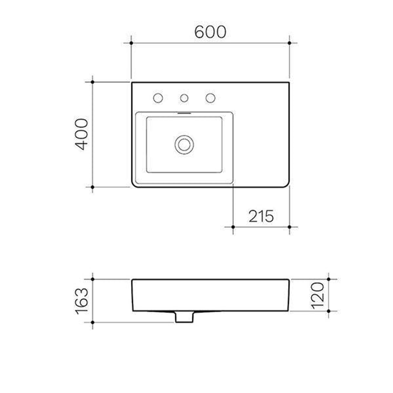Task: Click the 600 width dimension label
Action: point(210,32)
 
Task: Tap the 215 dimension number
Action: point(261,217)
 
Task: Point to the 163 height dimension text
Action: point(82,300)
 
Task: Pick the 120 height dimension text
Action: point(318,295)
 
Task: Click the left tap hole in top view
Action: point(158,98)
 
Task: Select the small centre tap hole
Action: point(184,98)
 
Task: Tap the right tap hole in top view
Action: point(210,98)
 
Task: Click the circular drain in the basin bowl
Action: point(184,144)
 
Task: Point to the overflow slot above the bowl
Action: point(184,113)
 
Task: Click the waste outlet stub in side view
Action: point(184,317)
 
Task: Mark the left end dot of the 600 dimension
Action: point(131,43)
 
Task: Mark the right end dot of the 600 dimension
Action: point(289,43)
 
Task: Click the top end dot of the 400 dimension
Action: point(92,82)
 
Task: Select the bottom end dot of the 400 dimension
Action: point(92,187)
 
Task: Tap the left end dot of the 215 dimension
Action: point(233,227)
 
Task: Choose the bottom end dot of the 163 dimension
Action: point(92,322)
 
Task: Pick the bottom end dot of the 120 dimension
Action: point(329,311)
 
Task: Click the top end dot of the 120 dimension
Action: point(329,279)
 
